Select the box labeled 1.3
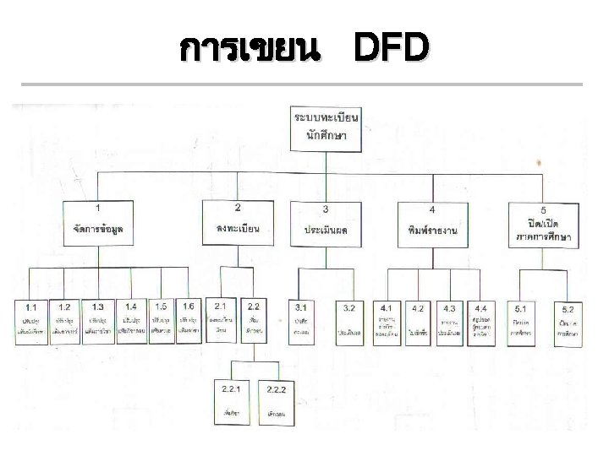click(100, 319)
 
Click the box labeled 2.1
click(222, 319)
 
